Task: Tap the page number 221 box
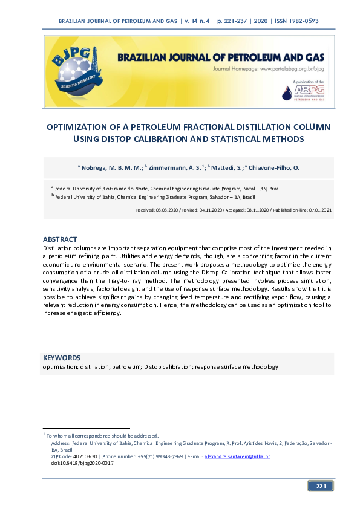click(321, 486)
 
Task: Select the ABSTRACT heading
click(60, 240)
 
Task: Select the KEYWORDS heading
click(62, 358)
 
